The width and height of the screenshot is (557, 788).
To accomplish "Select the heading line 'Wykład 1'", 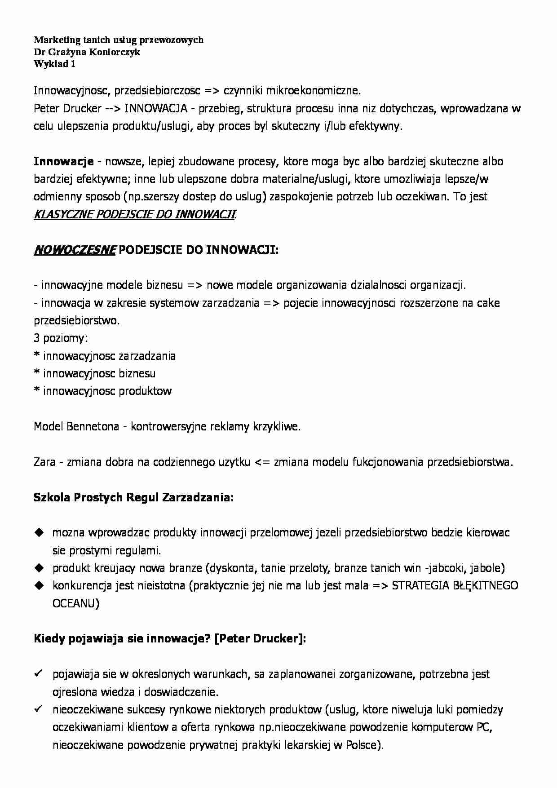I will (x=54, y=64).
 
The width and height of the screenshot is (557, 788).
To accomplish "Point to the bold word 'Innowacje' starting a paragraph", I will (x=63, y=161).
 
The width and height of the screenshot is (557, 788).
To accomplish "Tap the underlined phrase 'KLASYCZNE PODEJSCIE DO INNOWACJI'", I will (x=134, y=214).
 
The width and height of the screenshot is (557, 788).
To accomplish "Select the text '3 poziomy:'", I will (x=61, y=338).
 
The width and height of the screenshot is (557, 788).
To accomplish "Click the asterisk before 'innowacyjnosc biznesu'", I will (x=37, y=374).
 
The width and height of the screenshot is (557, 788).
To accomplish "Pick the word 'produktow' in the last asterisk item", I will (x=145, y=391).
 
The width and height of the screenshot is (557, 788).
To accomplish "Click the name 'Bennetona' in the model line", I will (x=92, y=426).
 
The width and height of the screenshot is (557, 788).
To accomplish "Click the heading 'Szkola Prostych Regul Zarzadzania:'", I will (x=133, y=497).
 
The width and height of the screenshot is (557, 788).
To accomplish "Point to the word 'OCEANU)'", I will (x=75, y=603).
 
